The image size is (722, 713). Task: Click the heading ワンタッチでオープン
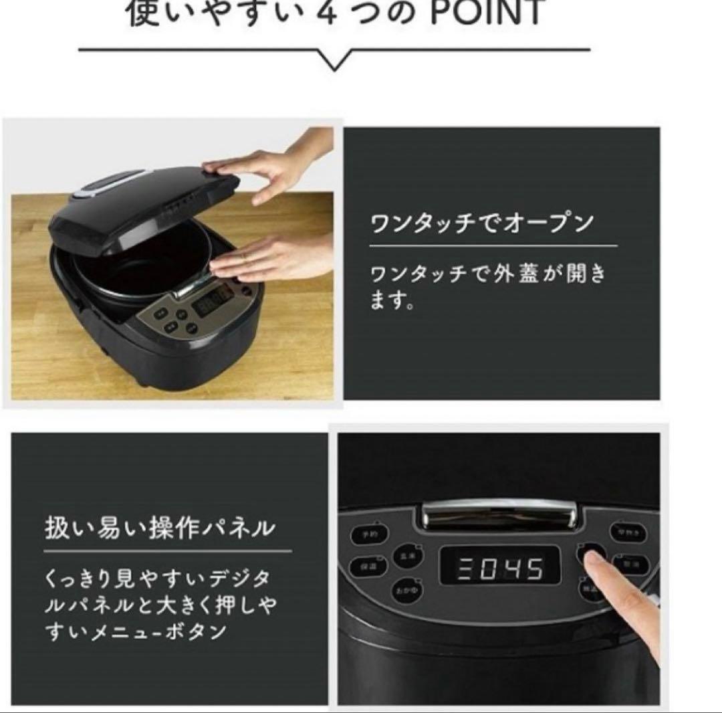coord(482,223)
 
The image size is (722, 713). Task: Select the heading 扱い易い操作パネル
coord(160,528)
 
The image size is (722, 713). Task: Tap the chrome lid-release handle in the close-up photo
coord(499,516)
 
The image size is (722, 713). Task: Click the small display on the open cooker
coord(212,303)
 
